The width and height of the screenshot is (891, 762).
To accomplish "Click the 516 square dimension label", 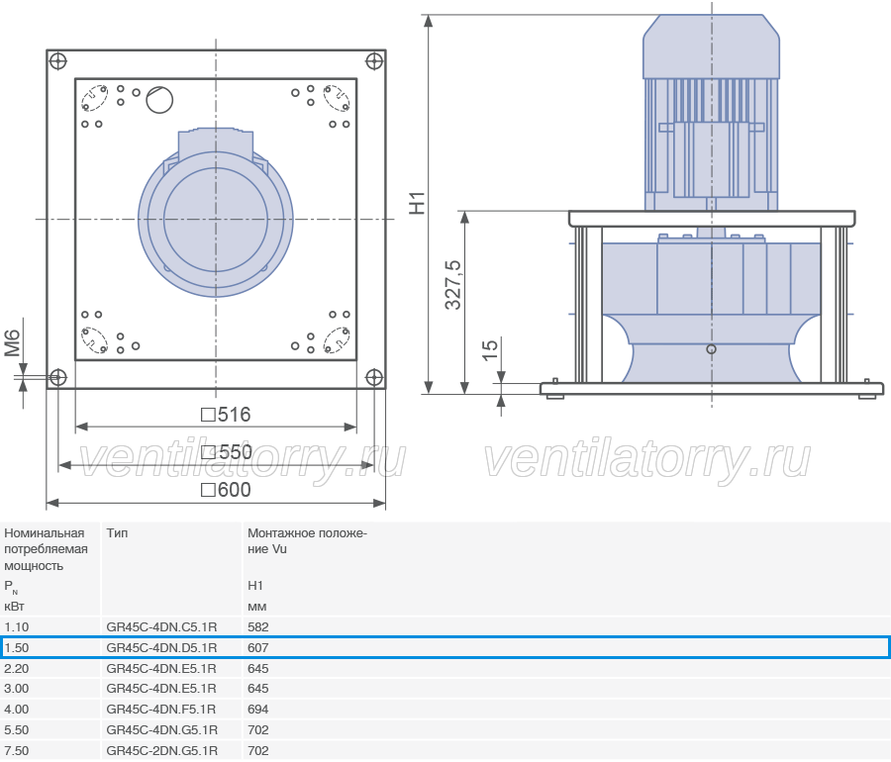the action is tap(226, 415).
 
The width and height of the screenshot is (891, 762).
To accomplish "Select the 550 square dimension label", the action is tap(226, 452).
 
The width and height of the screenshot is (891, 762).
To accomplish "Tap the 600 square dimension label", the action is tap(226, 490).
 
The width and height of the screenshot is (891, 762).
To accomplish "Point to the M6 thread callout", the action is tap(12, 343).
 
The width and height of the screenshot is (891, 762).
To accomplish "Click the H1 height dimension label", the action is tap(417, 203).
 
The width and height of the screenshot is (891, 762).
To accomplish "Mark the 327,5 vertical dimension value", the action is tap(452, 285).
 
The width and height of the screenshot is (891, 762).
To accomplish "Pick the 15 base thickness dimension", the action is tap(489, 350).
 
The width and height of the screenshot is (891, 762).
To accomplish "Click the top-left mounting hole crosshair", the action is tap(58, 60).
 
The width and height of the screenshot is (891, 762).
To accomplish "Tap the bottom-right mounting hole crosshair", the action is tap(374, 377).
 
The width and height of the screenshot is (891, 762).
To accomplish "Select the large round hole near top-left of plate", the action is tap(159, 100).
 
